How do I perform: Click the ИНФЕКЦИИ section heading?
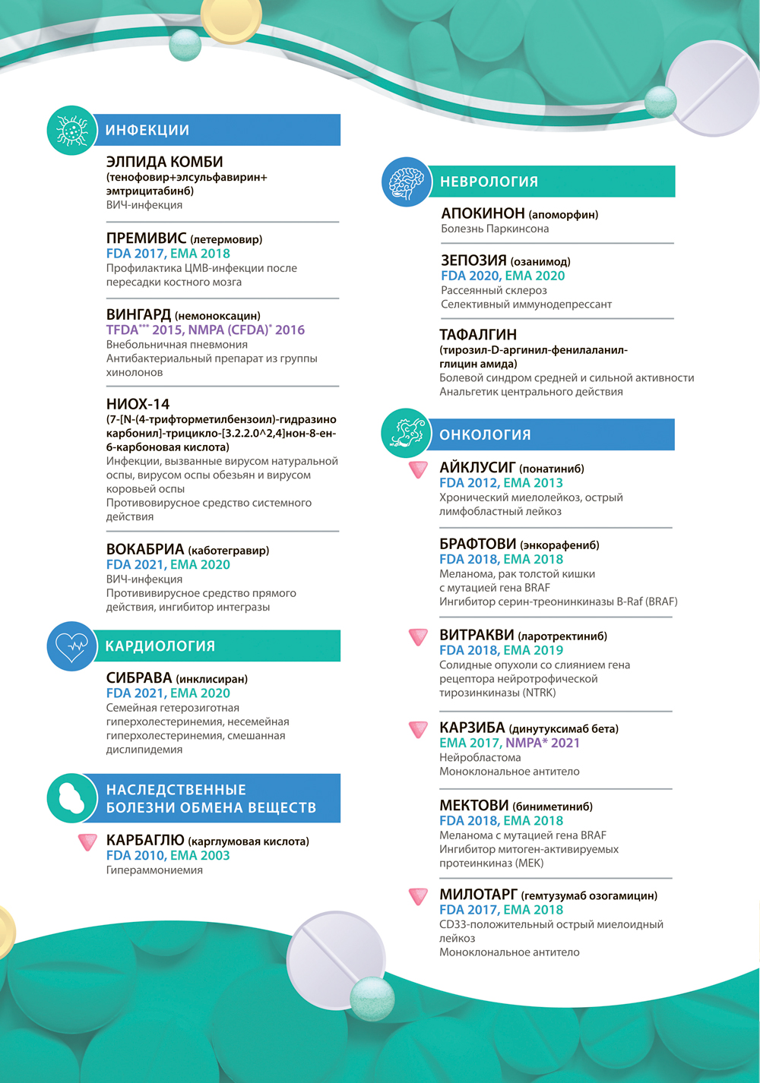point(147,131)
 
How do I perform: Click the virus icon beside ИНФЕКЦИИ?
point(71,131)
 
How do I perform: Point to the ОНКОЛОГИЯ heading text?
point(485,435)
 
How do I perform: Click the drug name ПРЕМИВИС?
point(146,238)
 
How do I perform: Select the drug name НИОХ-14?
point(138,404)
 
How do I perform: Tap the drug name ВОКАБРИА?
point(145,549)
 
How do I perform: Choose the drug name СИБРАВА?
point(139,677)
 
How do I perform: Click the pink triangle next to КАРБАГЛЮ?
point(88,841)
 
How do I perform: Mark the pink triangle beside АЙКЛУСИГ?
point(418,469)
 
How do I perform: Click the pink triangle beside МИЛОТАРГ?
point(418,896)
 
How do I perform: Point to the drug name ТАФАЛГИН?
point(478,335)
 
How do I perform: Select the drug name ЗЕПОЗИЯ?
point(473,260)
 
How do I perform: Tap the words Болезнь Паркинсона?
point(495,229)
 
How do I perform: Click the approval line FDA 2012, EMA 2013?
point(501,483)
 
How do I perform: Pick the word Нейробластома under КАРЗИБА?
point(480,757)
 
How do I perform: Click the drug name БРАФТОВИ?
point(477,545)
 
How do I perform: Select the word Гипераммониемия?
point(154,870)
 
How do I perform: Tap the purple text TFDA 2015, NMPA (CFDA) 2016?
point(205,330)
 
